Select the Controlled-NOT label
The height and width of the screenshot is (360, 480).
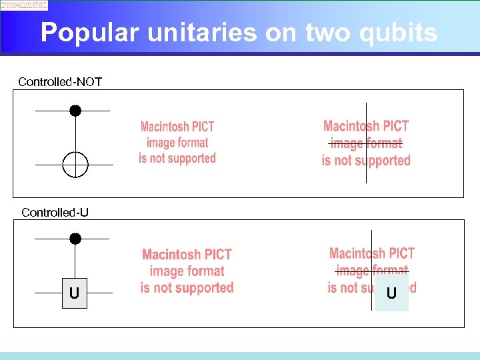(x=60, y=82)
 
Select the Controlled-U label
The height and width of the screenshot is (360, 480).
(x=55, y=213)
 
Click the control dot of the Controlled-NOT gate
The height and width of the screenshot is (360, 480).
(x=75, y=111)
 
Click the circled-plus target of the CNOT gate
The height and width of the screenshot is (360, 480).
(x=75, y=165)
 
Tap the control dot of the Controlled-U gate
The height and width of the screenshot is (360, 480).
(x=75, y=239)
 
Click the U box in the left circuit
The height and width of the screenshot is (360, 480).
(x=74, y=293)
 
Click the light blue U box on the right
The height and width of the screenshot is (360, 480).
(x=391, y=293)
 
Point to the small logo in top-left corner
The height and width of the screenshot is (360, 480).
(x=24, y=5)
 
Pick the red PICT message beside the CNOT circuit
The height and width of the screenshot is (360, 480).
(x=177, y=143)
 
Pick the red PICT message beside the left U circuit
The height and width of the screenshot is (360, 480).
(x=187, y=271)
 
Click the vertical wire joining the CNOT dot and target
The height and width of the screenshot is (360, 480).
(x=75, y=133)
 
